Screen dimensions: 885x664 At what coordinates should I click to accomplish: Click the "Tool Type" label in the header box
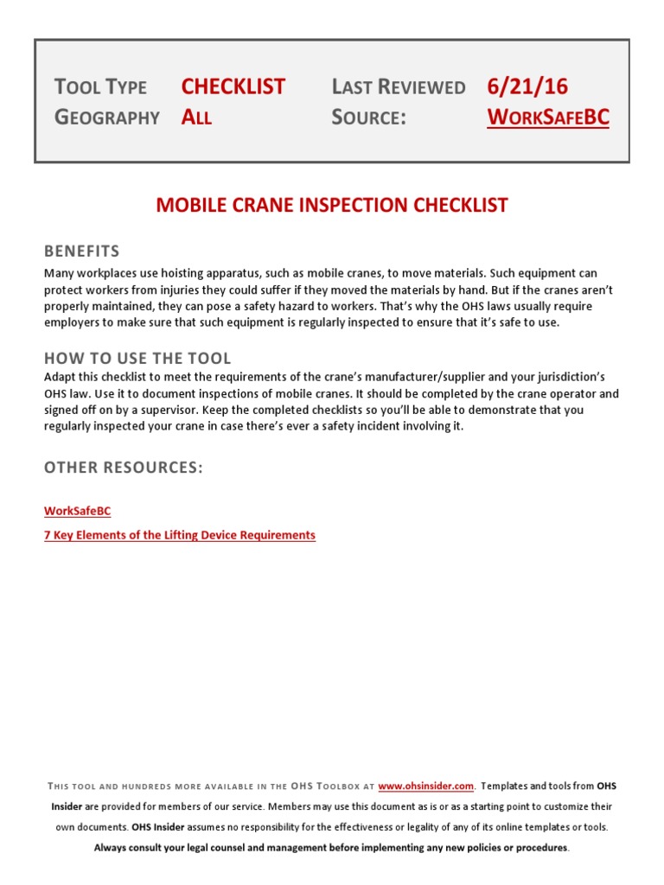100,86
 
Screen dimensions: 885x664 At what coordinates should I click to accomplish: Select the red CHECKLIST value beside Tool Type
233,86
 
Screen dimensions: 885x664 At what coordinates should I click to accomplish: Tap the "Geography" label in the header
107,118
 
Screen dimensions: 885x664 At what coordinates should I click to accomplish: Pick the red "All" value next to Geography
196,118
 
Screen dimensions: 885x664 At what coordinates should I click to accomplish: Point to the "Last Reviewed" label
398,86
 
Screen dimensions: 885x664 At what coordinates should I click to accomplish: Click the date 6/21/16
527,86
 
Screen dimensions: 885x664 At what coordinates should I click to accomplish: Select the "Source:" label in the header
368,118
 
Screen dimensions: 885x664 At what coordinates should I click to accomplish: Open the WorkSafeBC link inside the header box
548,118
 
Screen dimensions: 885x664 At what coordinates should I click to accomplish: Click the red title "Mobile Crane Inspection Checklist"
332,206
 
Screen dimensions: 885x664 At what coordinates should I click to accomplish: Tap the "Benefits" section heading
82,251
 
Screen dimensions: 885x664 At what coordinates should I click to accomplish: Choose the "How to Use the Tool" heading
137,358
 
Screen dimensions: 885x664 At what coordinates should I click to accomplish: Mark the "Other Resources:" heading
124,468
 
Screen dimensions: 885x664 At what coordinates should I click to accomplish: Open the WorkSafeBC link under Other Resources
77,512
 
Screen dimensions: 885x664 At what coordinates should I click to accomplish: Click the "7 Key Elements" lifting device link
180,535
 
